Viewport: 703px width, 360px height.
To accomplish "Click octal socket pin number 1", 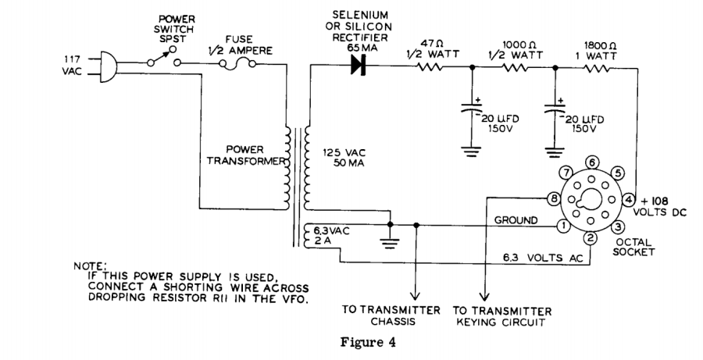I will (562, 226).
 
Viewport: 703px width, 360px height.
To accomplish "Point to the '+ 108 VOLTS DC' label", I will (664, 205).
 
